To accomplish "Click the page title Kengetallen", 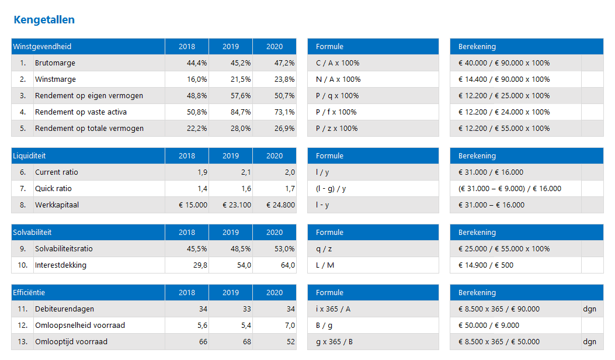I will coord(44,20).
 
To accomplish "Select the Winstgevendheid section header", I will coord(42,47).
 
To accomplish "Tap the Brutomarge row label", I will coord(55,63).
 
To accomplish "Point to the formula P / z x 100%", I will coord(338,129).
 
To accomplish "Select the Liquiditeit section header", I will coord(30,156).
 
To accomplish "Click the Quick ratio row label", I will coord(54,189).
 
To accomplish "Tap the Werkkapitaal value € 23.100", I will coord(237,205).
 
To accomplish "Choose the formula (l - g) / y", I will coord(331,189).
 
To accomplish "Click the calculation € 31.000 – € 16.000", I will coord(491,205).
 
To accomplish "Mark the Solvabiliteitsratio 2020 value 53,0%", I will coord(284,249).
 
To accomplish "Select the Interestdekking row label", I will coord(61,265).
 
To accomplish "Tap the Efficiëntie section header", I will coord(29,293).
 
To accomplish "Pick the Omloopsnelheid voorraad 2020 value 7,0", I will coord(289,326).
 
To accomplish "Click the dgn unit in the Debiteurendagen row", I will coord(589,309).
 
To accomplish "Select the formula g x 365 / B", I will coord(335,342).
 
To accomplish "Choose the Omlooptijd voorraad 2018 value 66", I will coord(203,342).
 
